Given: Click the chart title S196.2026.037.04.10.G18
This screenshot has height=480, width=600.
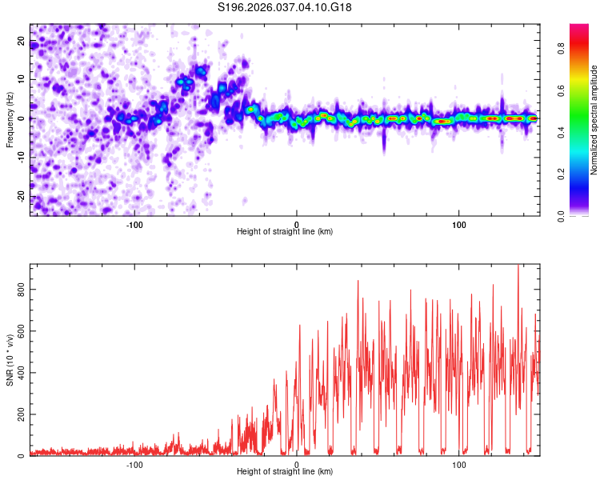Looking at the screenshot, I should (x=286, y=7).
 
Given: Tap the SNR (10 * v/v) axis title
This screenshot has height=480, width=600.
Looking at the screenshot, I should (x=10, y=360).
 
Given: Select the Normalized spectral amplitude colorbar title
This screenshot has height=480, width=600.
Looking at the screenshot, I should (x=594, y=120).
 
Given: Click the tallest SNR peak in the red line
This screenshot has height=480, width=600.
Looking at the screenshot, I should (x=518, y=266).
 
